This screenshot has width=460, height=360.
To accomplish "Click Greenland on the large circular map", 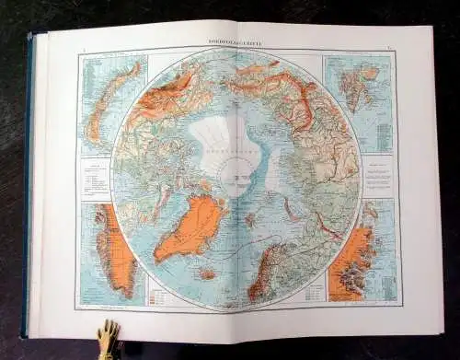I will pyautogui.click(x=190, y=226).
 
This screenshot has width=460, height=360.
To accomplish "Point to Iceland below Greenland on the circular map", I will pyautogui.click(x=208, y=273).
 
